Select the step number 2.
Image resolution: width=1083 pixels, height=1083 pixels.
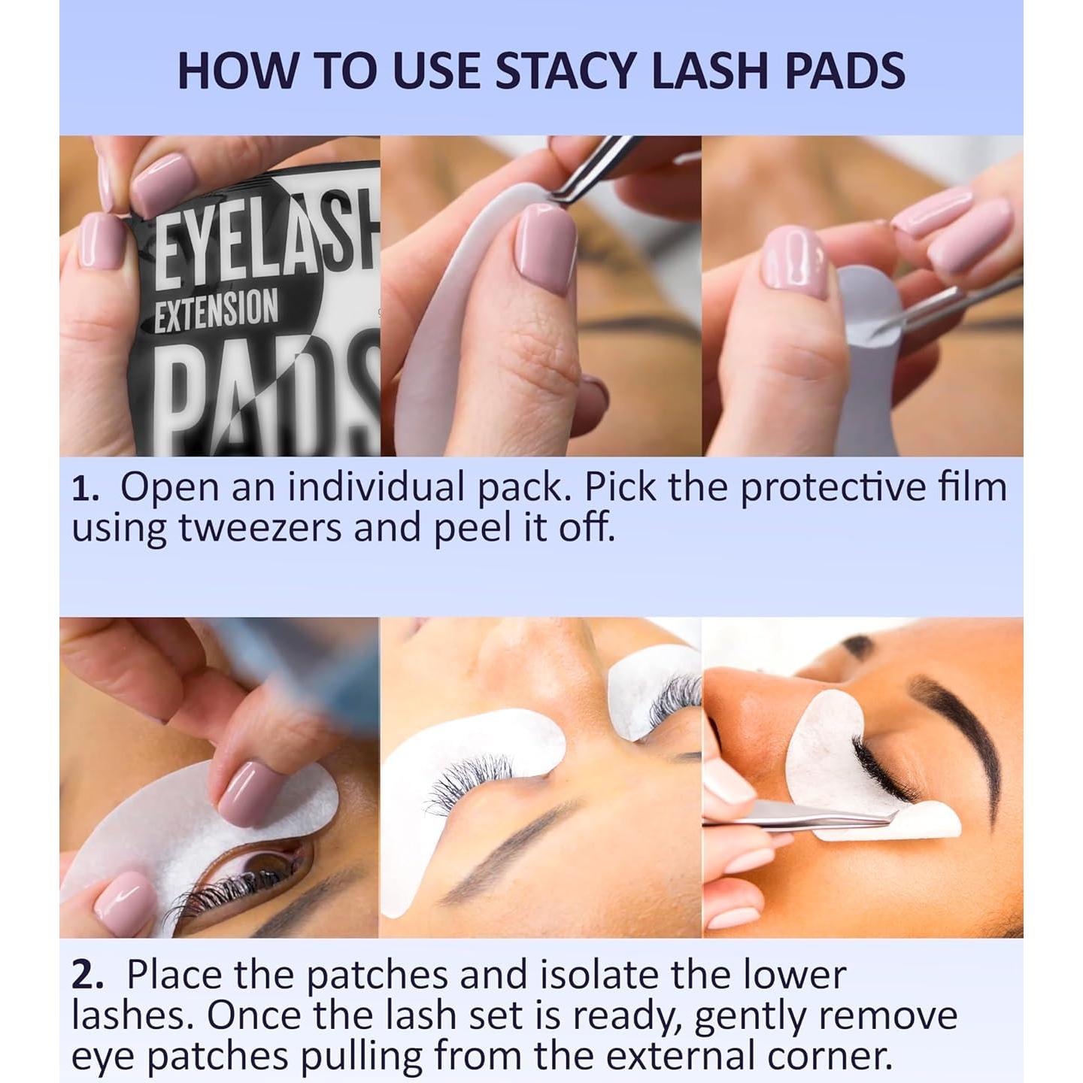[x=87, y=976]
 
